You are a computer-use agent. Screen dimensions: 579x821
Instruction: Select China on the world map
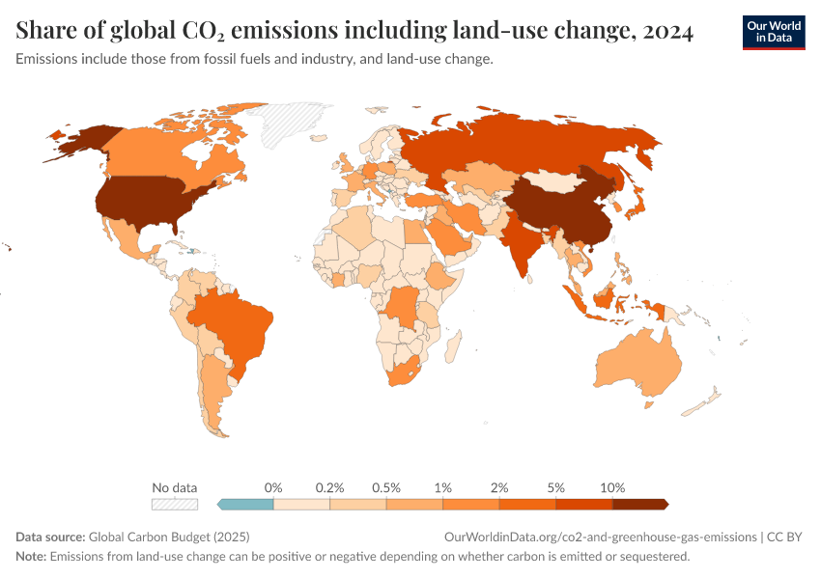pyautogui.click(x=560, y=207)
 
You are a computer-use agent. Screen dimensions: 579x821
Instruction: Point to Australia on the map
pyautogui.click(x=637, y=367)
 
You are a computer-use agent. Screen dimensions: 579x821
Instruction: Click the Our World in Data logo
pyautogui.click(x=774, y=32)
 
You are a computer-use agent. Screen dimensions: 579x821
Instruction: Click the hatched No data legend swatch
pyautogui.click(x=174, y=504)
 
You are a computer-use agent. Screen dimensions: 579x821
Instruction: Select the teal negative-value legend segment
pyautogui.click(x=247, y=504)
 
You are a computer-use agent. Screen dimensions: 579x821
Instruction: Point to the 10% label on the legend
pyautogui.click(x=612, y=487)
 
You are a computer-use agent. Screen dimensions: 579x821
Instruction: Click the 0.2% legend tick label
pyautogui.click(x=329, y=487)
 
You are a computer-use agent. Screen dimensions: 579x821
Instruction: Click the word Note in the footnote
pyautogui.click(x=31, y=557)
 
